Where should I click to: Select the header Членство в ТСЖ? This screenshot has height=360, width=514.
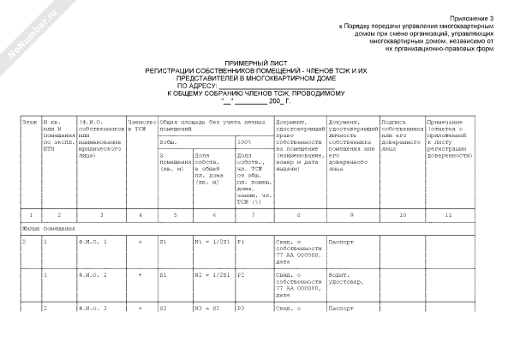140,126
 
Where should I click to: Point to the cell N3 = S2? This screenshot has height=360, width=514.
205,307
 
